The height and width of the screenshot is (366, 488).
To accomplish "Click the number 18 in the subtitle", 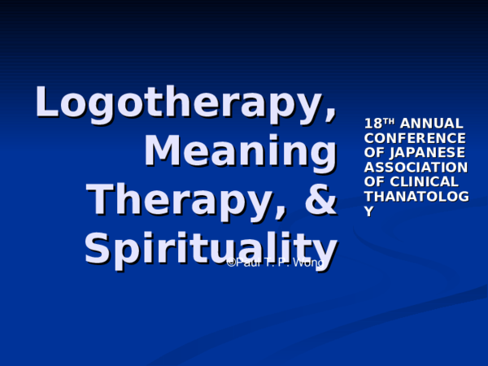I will click(373, 124).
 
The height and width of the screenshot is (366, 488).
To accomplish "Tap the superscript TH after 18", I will click(389, 120).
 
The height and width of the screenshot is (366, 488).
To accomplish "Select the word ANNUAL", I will click(431, 124).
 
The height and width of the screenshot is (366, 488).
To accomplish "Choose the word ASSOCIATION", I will click(416, 167).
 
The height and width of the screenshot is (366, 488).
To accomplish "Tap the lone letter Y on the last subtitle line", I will click(369, 211).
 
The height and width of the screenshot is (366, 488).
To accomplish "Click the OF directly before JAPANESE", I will click(373, 152).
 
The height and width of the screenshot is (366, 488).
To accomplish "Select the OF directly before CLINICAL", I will click(373, 181).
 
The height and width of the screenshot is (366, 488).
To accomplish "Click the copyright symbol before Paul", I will click(230, 263).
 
